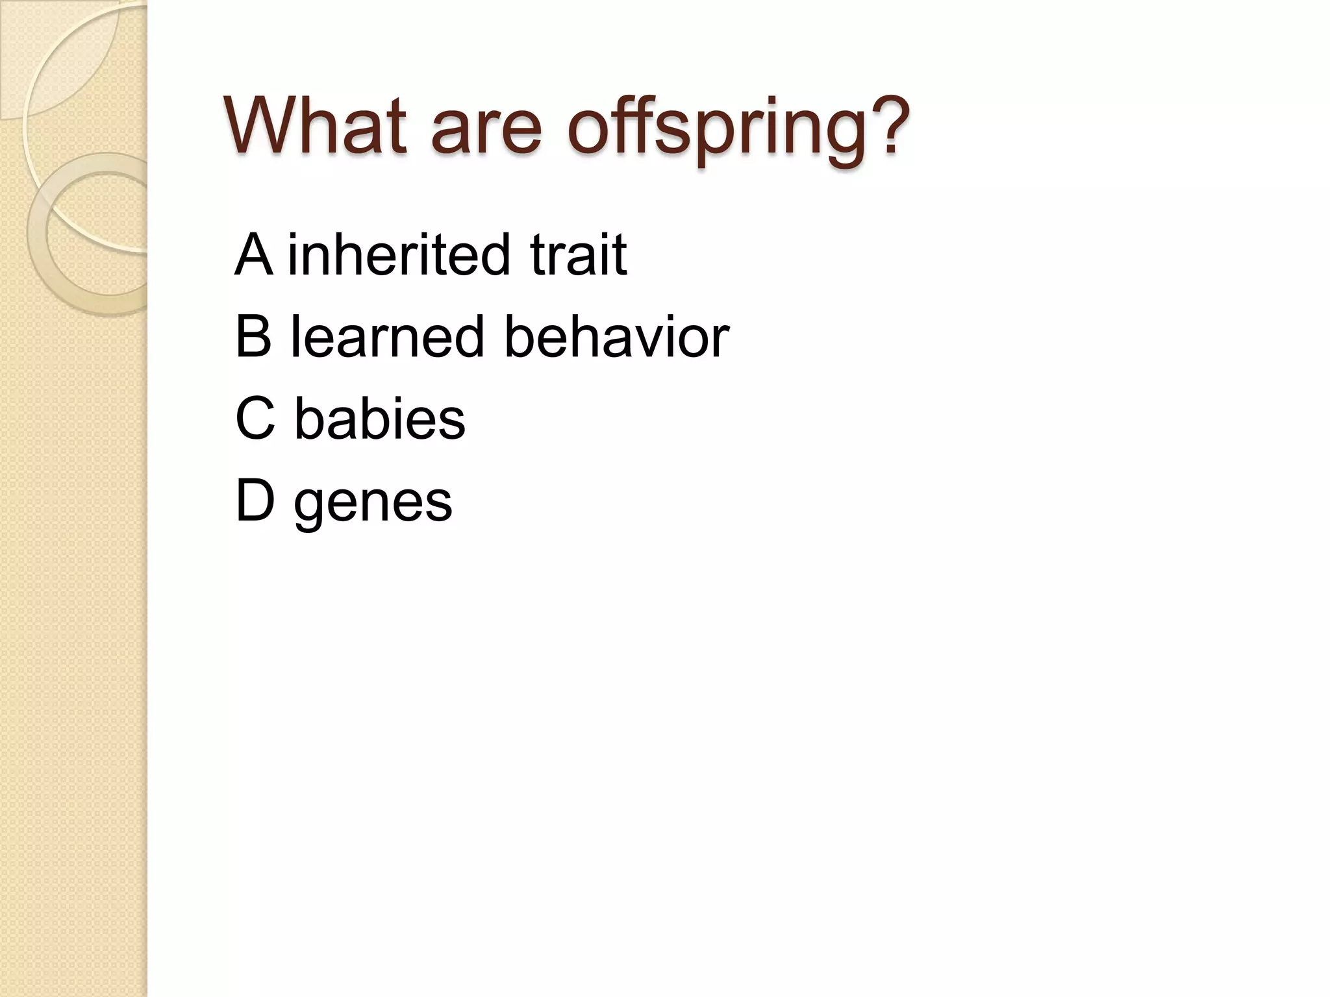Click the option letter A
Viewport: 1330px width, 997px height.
coord(253,254)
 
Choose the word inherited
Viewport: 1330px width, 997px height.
coord(398,254)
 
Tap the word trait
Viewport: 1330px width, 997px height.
coord(578,254)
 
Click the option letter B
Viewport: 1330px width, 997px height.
coord(253,336)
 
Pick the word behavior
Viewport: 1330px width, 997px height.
coord(616,336)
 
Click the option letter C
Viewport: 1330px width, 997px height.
coord(255,418)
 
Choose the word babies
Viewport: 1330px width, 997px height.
coord(380,418)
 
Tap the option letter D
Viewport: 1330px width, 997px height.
coord(255,500)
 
